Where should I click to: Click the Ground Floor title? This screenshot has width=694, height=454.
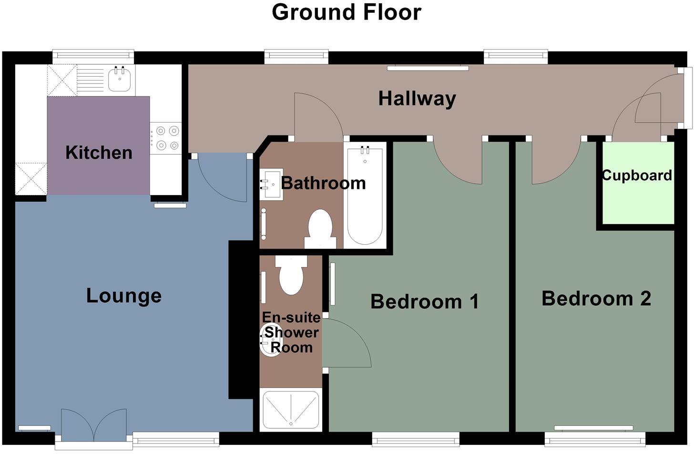click(347, 12)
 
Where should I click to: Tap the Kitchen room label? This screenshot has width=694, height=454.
click(99, 153)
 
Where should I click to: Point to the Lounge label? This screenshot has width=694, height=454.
click(123, 296)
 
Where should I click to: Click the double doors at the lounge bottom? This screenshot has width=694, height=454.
click(94, 426)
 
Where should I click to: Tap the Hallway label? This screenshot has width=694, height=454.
click(417, 99)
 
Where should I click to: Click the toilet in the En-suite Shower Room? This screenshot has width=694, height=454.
click(291, 275)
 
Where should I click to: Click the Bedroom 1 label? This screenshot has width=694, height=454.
click(424, 301)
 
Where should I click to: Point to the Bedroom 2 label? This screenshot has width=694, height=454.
click(596, 299)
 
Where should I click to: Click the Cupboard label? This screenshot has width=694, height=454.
click(637, 175)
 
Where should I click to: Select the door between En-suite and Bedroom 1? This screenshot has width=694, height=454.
click(346, 343)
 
